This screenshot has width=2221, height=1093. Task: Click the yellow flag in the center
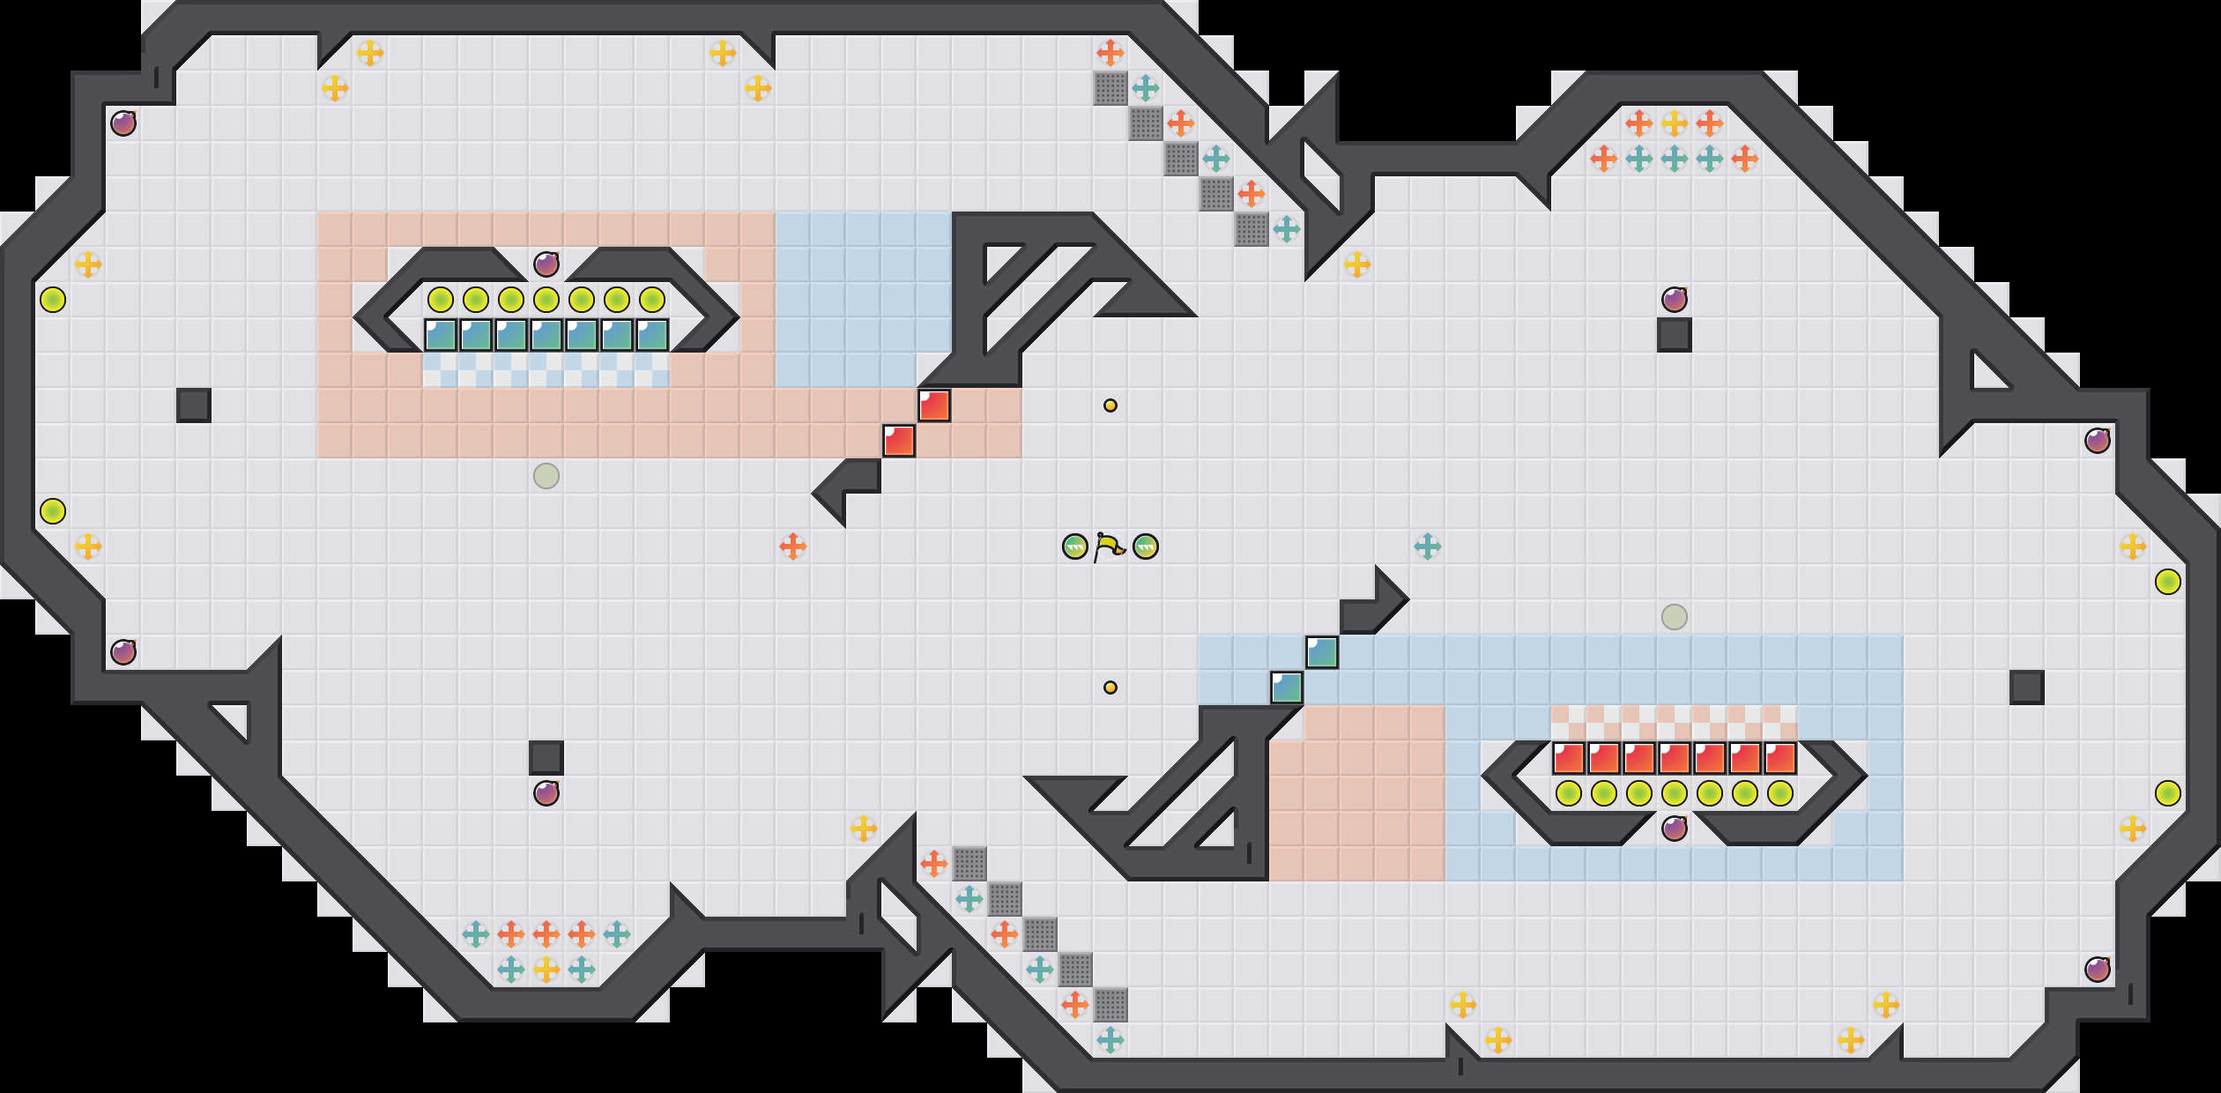[x=1110, y=546]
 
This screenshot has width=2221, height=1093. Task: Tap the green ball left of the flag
[x=1075, y=546]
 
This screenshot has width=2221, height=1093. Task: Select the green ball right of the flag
[x=1146, y=546]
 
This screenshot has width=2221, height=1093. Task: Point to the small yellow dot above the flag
[x=1110, y=405]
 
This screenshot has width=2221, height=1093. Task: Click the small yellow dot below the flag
[x=1110, y=688]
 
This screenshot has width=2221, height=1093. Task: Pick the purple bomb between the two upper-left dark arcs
[x=546, y=264]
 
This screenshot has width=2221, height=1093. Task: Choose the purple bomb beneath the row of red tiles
[x=1675, y=828]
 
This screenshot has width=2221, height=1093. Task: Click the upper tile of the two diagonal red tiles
[x=934, y=405]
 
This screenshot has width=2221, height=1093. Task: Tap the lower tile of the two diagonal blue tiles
[x=1287, y=688]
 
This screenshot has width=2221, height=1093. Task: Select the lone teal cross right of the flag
[x=1428, y=546]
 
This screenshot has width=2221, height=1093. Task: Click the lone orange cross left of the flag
[x=793, y=546]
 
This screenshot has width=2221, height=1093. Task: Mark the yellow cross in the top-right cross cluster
[x=1675, y=123]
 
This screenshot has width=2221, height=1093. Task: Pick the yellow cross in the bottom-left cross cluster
[x=546, y=970]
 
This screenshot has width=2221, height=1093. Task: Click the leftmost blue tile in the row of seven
[x=441, y=335]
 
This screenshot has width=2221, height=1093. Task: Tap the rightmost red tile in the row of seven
[x=1780, y=758]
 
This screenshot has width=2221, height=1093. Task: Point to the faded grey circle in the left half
[x=546, y=476]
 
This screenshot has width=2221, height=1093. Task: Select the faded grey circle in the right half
[x=1675, y=617]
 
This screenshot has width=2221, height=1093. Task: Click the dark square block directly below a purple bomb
[x=1675, y=335]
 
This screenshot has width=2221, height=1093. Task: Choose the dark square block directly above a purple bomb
[x=546, y=758]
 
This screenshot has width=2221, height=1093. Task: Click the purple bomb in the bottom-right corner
[x=2098, y=970]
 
